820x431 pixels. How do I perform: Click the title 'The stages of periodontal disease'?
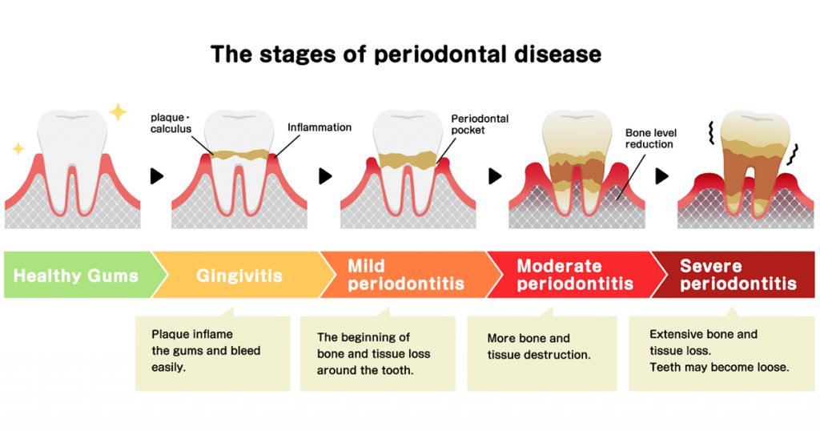tap(405, 54)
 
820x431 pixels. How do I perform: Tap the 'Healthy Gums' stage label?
tap(76, 276)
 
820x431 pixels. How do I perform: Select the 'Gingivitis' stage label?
tap(239, 276)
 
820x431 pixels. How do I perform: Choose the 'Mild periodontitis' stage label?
tap(405, 275)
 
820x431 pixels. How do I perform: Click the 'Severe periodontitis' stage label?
tap(738, 275)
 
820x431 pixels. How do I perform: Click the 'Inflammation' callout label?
tap(319, 127)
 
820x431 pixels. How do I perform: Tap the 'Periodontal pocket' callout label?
tap(480, 124)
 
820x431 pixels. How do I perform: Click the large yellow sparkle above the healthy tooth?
tap(118, 112)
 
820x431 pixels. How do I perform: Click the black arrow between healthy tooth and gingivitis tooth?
tap(157, 175)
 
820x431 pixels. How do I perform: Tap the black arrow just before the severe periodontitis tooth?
tap(661, 175)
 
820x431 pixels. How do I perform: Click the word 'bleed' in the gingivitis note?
tap(245, 350)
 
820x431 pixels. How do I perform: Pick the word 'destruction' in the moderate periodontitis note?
tap(558, 354)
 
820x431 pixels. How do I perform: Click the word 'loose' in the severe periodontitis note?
tap(770, 368)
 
